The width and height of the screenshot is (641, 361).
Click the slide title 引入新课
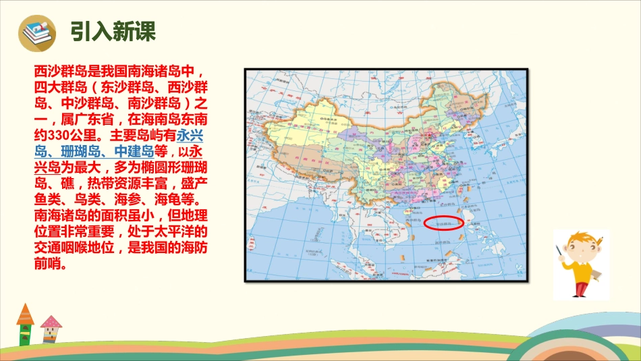click(x=113, y=32)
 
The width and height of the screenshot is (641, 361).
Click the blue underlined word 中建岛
click(x=135, y=150)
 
